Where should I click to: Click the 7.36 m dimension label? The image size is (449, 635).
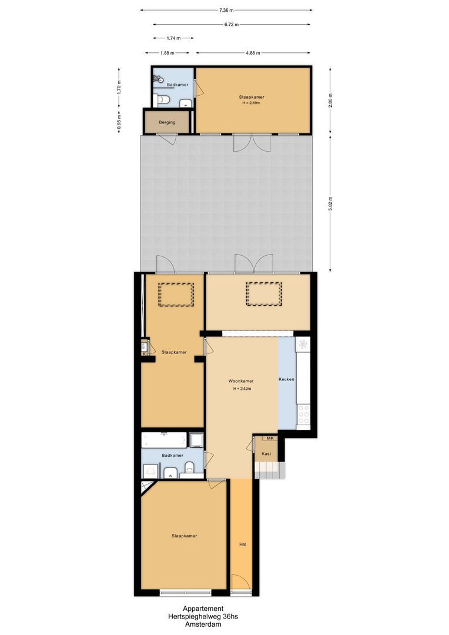click(226, 10)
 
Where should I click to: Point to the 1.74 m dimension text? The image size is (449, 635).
click(173, 38)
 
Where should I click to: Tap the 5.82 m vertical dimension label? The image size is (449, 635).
click(331, 203)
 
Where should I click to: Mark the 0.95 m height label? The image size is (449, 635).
click(119, 121)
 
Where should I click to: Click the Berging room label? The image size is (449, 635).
click(167, 122)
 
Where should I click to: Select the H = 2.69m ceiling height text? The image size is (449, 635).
click(251, 103)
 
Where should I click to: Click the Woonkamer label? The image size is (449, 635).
click(241, 382)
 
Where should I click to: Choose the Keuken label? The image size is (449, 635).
click(287, 379)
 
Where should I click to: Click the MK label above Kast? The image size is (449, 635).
click(270, 439)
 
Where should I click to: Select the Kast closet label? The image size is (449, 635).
click(266, 454)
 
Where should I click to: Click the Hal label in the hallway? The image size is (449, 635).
click(242, 544)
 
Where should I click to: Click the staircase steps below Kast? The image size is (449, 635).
click(267, 470)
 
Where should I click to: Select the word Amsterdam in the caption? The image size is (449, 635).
click(202, 625)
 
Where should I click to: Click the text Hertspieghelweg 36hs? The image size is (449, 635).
click(202, 617)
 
